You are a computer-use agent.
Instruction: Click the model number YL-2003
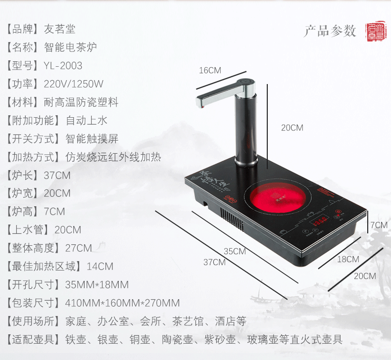63,66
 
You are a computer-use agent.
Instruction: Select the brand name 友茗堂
59,29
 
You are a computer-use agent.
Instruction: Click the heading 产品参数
330,31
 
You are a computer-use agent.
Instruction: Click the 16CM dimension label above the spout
210,70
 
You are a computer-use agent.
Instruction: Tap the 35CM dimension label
235,251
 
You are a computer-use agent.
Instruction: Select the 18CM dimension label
348,259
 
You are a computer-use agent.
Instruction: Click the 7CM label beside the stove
379,225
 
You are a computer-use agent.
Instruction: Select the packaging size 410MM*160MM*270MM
122,303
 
